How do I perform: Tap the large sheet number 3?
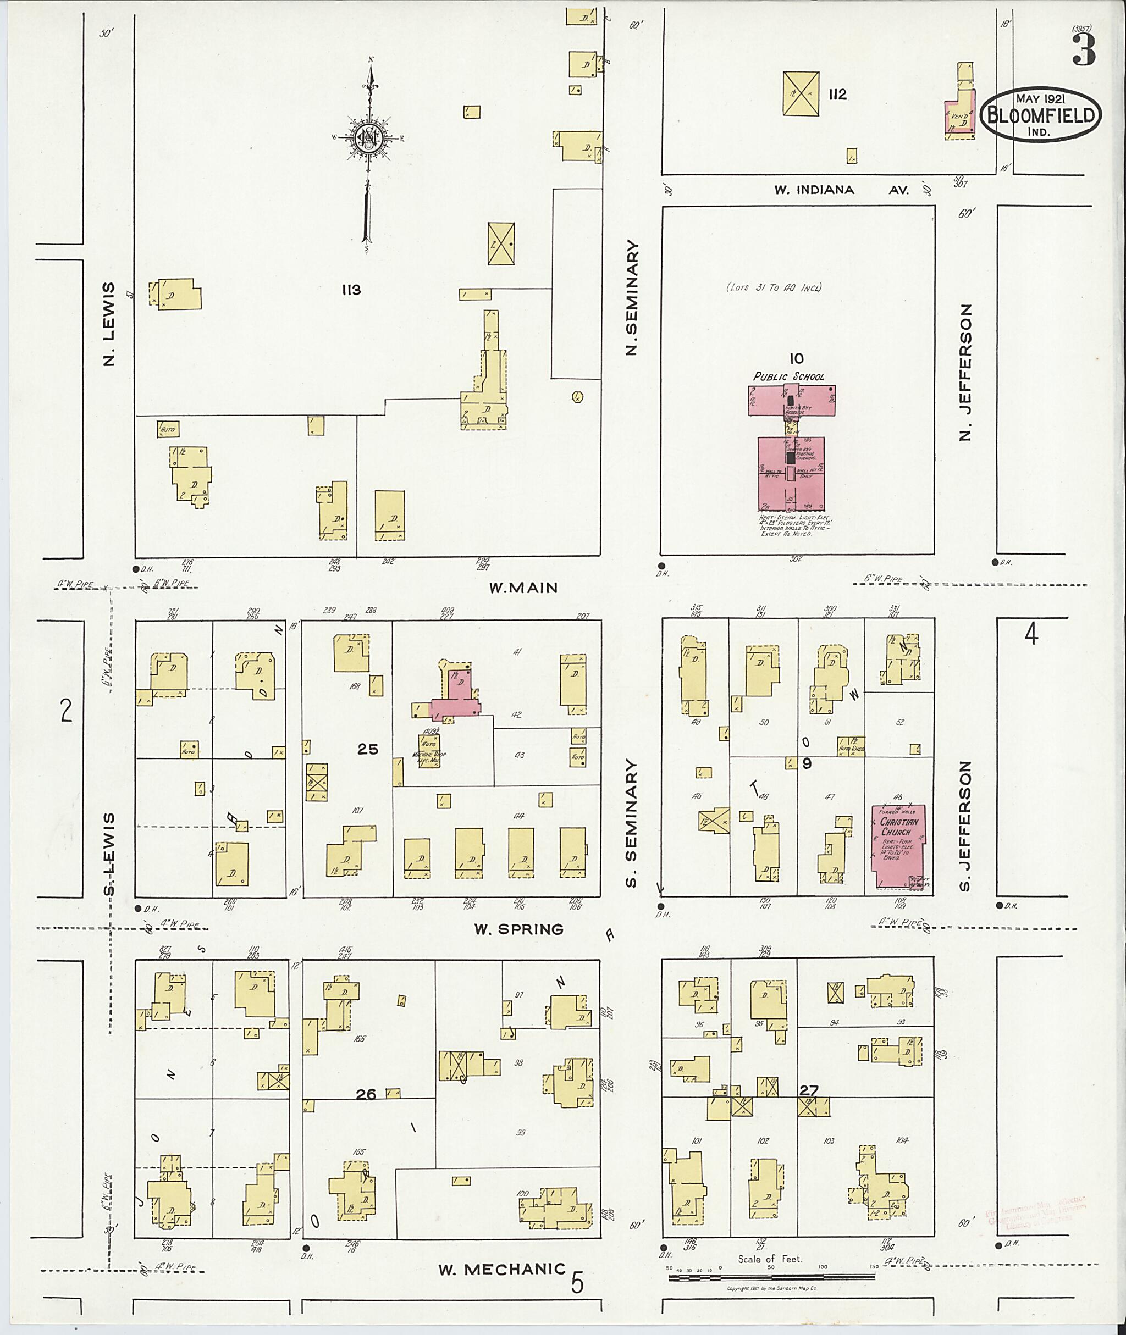click(x=1083, y=51)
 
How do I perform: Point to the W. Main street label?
click(x=523, y=588)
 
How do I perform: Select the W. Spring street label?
click(x=518, y=929)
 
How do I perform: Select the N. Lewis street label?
click(x=109, y=324)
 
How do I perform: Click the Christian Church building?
click(x=899, y=846)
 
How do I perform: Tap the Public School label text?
click(x=788, y=376)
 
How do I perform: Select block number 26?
click(x=366, y=1094)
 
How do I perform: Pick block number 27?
click(x=809, y=1090)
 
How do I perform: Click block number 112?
click(x=837, y=95)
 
